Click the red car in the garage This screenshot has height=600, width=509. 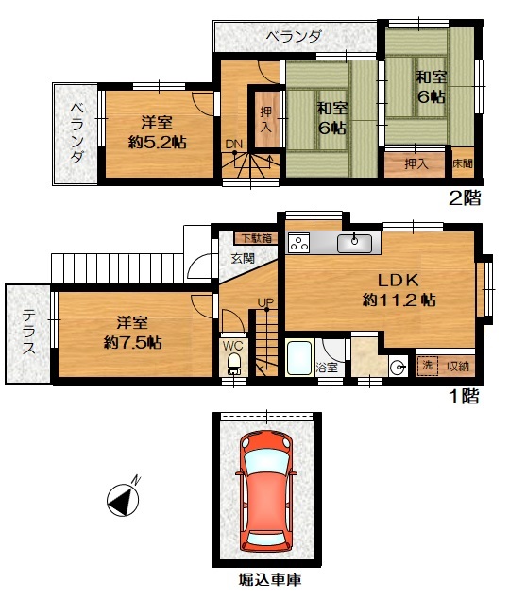[266, 491]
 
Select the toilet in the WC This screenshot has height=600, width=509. [233, 363]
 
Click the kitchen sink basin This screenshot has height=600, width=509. [354, 244]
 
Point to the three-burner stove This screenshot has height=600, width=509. [299, 243]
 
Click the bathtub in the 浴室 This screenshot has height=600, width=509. [299, 358]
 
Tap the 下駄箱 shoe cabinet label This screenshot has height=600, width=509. [257, 238]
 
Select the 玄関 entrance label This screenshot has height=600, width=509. [243, 258]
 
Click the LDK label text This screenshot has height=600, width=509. [399, 281]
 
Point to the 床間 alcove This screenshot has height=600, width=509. [463, 163]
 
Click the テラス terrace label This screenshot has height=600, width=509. [28, 332]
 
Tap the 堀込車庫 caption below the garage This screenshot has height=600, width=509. [270, 579]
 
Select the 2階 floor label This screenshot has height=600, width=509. [465, 197]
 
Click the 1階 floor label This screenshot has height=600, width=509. [465, 396]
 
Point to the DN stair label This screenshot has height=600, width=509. [233, 145]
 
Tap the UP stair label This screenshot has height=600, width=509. [265, 302]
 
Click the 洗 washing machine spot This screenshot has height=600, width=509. [427, 366]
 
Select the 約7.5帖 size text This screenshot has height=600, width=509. [133, 342]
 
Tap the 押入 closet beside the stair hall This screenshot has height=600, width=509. [266, 119]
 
